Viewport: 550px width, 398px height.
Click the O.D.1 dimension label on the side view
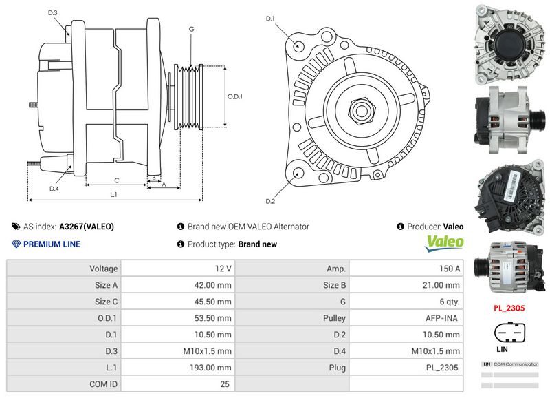point(234,96)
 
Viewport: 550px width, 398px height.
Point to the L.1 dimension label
point(114,195)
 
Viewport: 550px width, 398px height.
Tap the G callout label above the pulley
point(191,30)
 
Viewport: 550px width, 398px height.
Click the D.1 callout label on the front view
point(270,18)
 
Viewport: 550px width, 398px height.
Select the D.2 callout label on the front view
point(270,201)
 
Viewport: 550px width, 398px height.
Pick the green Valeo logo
point(445,242)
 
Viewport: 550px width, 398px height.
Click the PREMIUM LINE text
point(52,244)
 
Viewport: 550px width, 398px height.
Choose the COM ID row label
point(104,384)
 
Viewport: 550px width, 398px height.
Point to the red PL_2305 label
point(509,309)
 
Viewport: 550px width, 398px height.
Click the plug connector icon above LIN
point(509,333)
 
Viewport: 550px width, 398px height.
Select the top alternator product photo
point(509,43)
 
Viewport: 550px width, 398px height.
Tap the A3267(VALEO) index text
point(87,227)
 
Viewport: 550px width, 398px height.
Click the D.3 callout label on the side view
point(53,13)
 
